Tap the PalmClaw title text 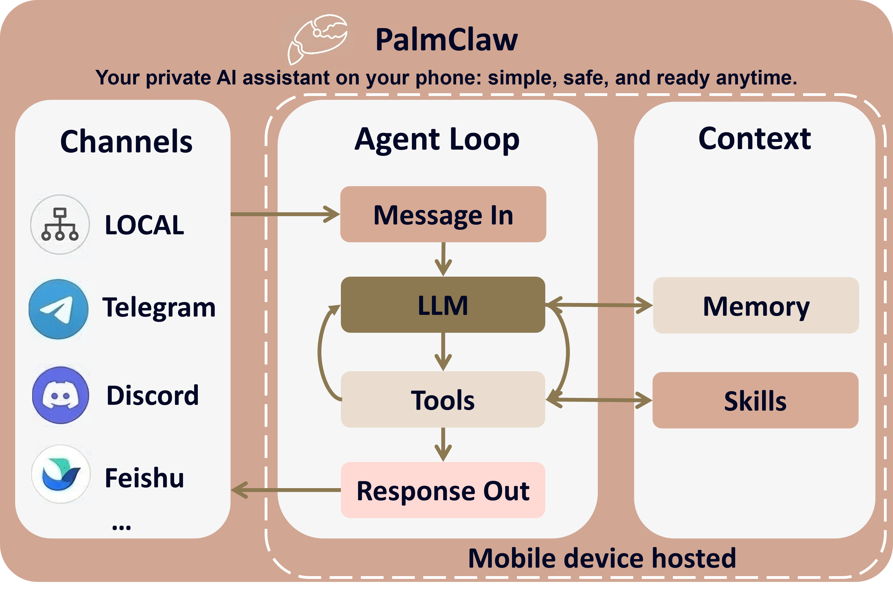point(446,40)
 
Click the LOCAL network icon point(60,224)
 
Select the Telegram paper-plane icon point(59,309)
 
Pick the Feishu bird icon point(61,474)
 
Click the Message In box point(443,215)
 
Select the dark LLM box point(443,305)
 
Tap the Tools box point(443,400)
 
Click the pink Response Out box point(443,490)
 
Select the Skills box point(755,400)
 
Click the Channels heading point(126,142)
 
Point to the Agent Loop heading point(437,139)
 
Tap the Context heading point(754,139)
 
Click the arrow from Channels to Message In point(284,215)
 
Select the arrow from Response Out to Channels point(284,490)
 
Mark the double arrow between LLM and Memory point(599,305)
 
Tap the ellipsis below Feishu point(122,527)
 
